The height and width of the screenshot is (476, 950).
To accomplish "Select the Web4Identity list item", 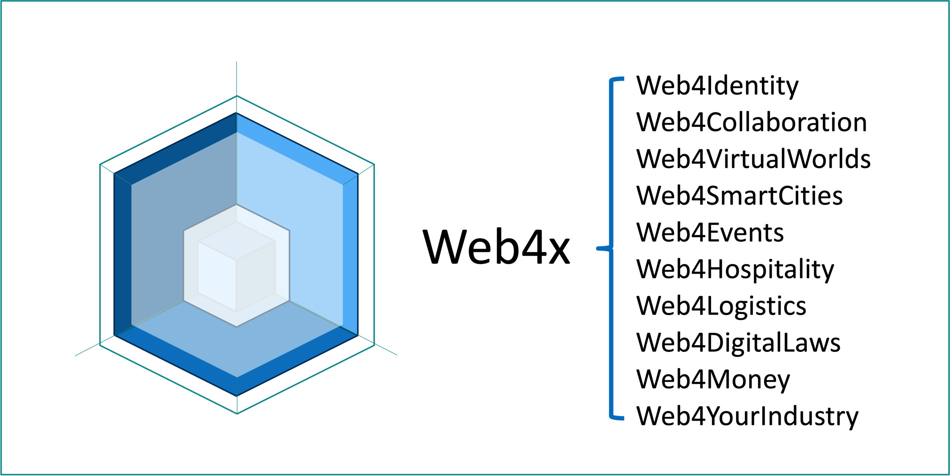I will click(717, 86).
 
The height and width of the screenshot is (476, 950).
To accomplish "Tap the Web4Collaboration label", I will click(751, 122).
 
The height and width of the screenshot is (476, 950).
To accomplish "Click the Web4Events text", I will click(710, 232).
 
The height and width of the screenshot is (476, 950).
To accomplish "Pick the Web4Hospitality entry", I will click(735, 269).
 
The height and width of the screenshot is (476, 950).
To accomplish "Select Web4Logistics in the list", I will click(721, 306).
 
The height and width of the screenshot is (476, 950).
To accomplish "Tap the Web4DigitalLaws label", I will click(738, 343).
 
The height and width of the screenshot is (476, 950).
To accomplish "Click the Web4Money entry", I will click(713, 380).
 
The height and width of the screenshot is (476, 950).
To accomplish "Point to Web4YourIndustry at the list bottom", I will click(747, 416).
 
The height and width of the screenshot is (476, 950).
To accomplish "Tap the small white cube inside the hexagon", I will click(236, 266).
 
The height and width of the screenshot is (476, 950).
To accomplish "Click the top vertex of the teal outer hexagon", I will click(237, 96).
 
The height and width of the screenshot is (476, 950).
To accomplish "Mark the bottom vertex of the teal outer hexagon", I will click(237, 414).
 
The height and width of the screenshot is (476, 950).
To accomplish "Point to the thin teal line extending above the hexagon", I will click(236, 78).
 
